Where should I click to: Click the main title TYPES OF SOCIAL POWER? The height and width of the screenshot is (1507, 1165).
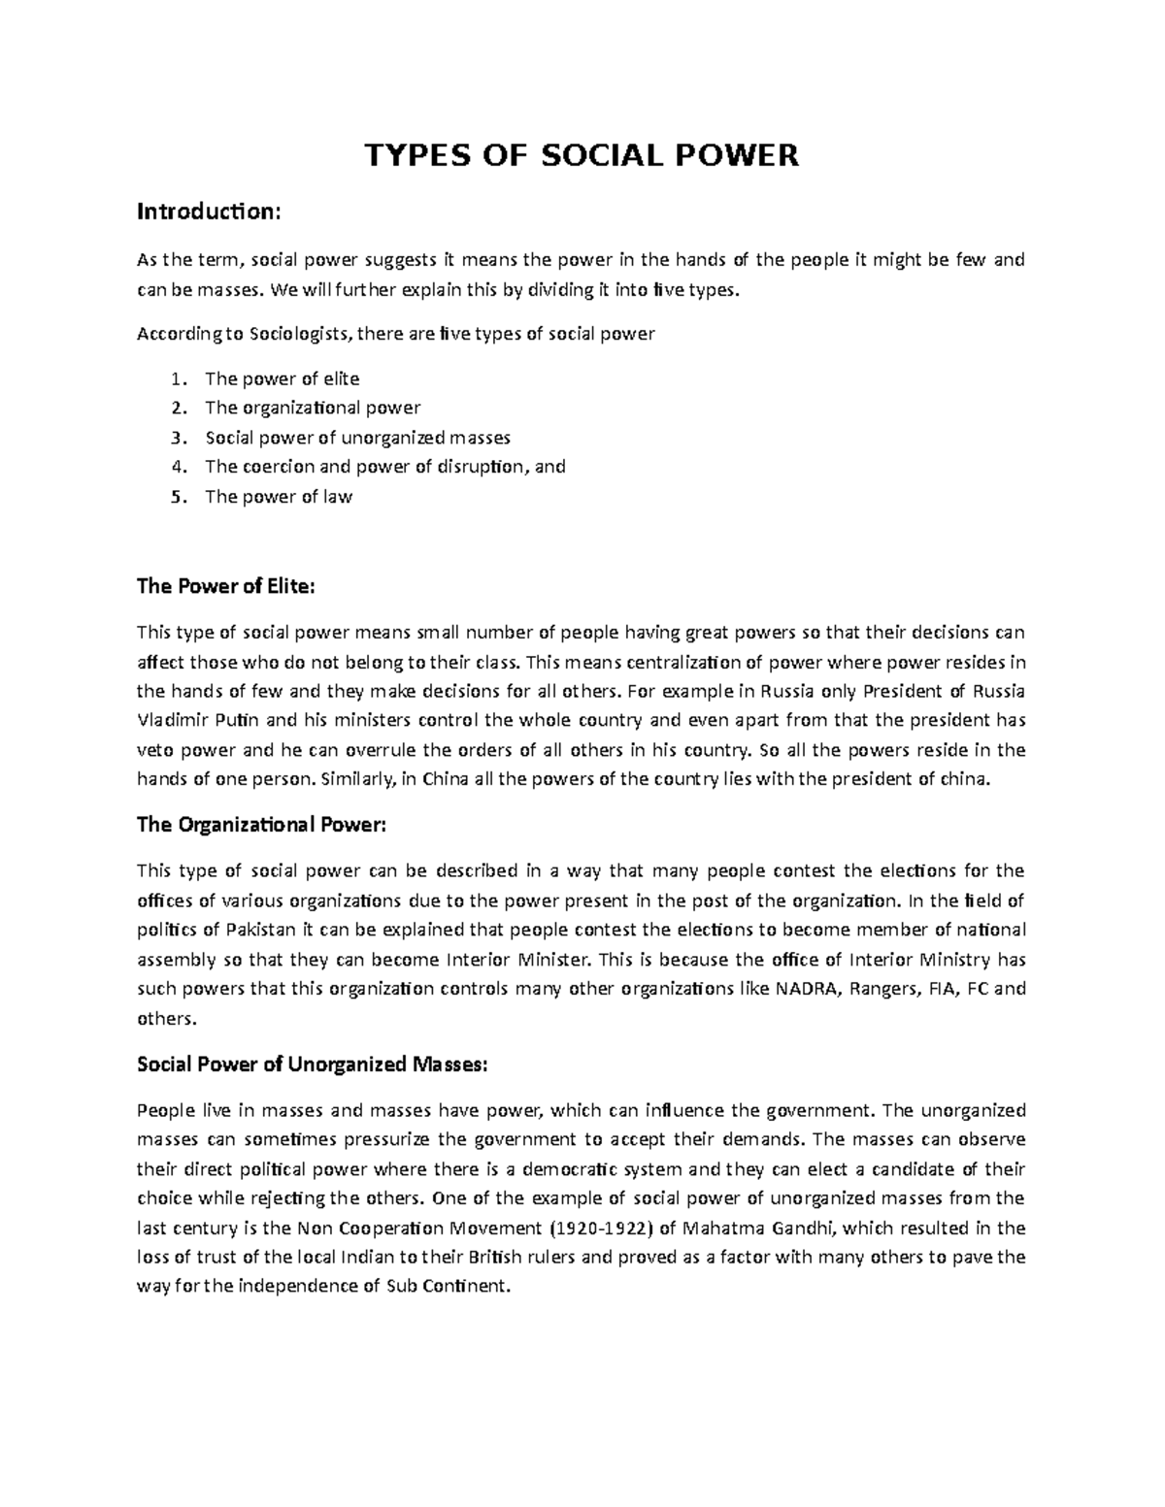tap(581, 155)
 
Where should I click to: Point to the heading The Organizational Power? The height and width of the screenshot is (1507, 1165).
tap(261, 825)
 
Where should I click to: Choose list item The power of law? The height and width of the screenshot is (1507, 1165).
tap(279, 497)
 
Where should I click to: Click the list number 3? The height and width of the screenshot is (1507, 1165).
tap(177, 438)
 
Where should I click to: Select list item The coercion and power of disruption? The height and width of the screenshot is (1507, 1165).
tap(384, 467)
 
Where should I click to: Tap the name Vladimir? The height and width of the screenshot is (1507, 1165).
tap(171, 721)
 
